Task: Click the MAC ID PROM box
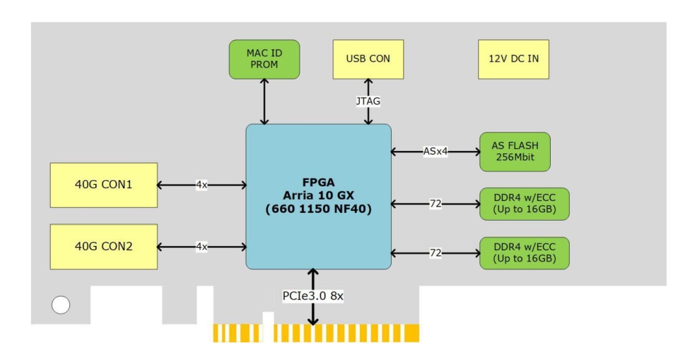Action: coord(264,60)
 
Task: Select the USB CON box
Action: coord(368,60)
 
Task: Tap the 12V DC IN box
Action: coord(513,60)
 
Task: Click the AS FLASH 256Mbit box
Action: coord(515,152)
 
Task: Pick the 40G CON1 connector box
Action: coord(104,185)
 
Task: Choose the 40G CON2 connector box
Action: coord(104,247)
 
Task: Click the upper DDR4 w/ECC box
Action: coord(524,204)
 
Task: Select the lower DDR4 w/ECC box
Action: coord(524,253)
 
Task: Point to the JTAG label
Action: coord(368,101)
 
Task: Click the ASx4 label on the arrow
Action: coord(435,151)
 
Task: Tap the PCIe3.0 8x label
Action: coord(312,295)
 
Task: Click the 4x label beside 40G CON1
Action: coord(201,185)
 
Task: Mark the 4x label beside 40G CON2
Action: coord(201,247)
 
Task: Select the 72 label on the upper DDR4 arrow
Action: coord(435,204)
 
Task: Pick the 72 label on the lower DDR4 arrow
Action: coord(435,253)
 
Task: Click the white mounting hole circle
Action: coord(60,305)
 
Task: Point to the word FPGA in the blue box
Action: coord(318,182)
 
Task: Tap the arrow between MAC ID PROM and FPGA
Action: coord(264,102)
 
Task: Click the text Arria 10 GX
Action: coord(318,196)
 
